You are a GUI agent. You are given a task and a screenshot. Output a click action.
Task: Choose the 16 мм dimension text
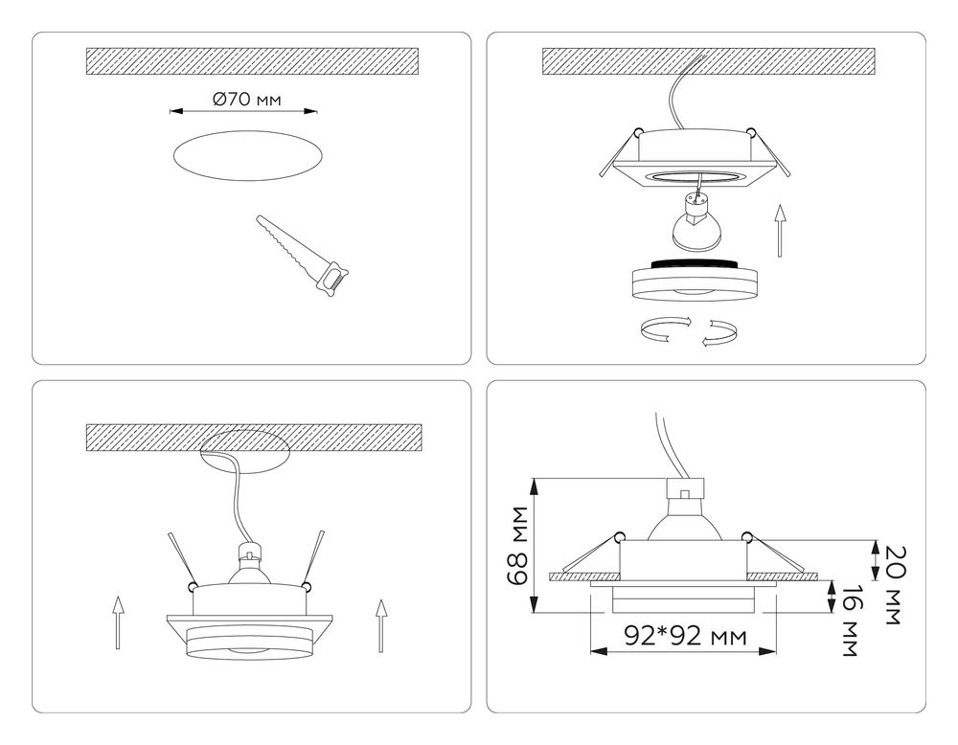coord(848,621)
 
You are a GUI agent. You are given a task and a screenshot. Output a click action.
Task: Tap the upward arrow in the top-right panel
coord(782,230)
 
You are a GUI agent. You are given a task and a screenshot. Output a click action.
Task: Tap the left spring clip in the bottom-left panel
coord(182,559)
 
